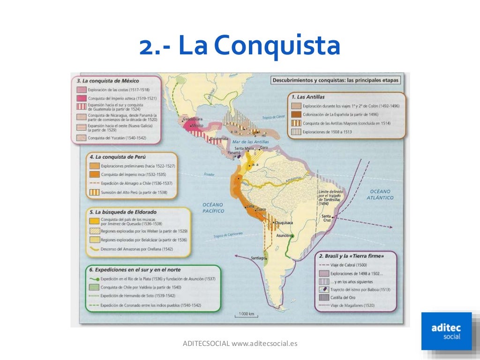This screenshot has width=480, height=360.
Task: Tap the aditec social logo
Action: tap(446, 330)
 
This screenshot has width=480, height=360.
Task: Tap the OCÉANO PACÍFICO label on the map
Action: tap(213, 208)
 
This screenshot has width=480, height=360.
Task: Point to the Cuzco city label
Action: tap(261, 209)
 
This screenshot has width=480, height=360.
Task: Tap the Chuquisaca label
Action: tap(284, 223)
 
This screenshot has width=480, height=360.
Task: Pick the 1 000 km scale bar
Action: tap(246, 315)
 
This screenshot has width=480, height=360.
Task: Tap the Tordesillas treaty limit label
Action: tap(330, 197)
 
